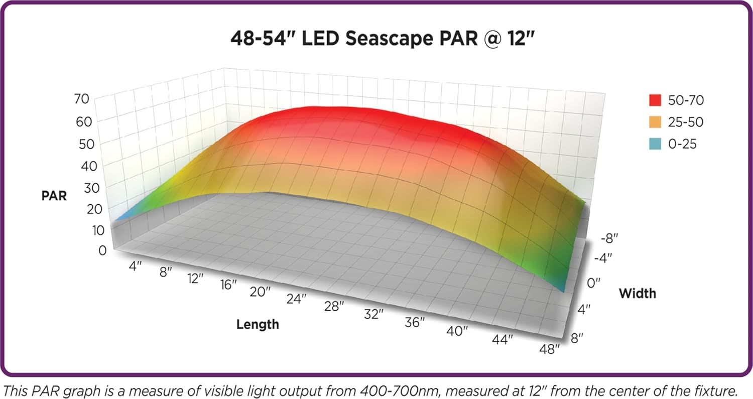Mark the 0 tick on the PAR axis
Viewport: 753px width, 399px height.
point(102,249)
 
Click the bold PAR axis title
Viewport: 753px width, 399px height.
point(54,195)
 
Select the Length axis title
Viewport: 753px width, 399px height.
point(258,325)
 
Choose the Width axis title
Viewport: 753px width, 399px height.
point(637,293)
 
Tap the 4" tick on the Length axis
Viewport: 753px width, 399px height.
point(135,267)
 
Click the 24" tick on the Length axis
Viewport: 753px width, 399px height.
point(296,299)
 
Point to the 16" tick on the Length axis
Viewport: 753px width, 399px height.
point(228,285)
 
